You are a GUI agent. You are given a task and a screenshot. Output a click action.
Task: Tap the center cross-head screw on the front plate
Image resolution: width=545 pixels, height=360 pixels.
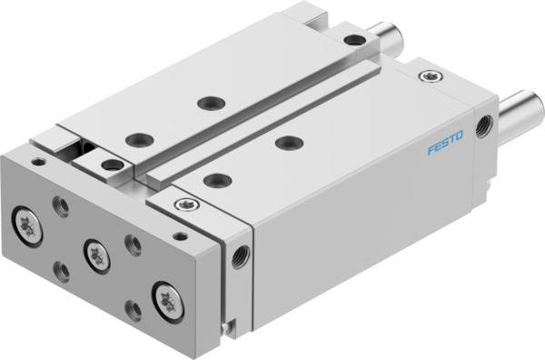pyautogui.click(x=94, y=253)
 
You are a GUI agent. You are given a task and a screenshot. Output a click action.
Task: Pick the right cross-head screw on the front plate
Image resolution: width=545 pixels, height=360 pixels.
pyautogui.click(x=167, y=295)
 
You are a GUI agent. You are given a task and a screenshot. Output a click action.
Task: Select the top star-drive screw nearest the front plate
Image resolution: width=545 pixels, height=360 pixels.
pyautogui.click(x=185, y=204)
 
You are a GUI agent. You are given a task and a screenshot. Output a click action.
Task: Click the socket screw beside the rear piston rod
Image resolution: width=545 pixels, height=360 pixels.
pyautogui.click(x=352, y=38)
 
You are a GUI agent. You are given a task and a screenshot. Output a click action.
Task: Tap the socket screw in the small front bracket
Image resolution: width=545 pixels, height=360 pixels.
pyautogui.click(x=113, y=165)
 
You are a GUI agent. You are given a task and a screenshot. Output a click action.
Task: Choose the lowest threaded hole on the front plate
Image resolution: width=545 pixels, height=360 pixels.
pyautogui.click(x=134, y=311)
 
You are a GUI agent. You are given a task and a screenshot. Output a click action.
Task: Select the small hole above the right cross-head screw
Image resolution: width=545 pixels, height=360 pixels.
pyautogui.click(x=178, y=237)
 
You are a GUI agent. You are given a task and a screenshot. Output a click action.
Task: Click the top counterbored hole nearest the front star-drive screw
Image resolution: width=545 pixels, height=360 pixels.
pyautogui.click(x=215, y=179)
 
